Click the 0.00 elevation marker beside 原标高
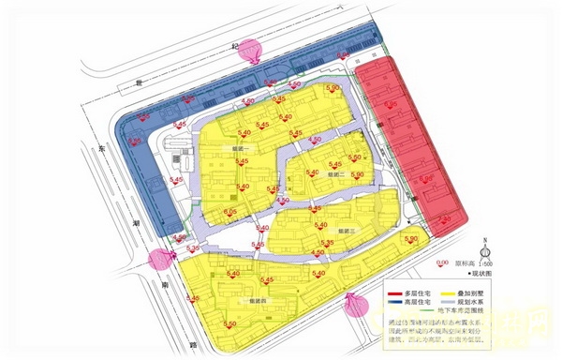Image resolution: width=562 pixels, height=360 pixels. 443,263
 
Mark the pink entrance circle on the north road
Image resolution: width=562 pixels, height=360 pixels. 250,50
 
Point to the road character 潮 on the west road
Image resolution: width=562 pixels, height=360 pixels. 137,225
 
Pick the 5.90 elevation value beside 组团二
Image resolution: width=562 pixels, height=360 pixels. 356,158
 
